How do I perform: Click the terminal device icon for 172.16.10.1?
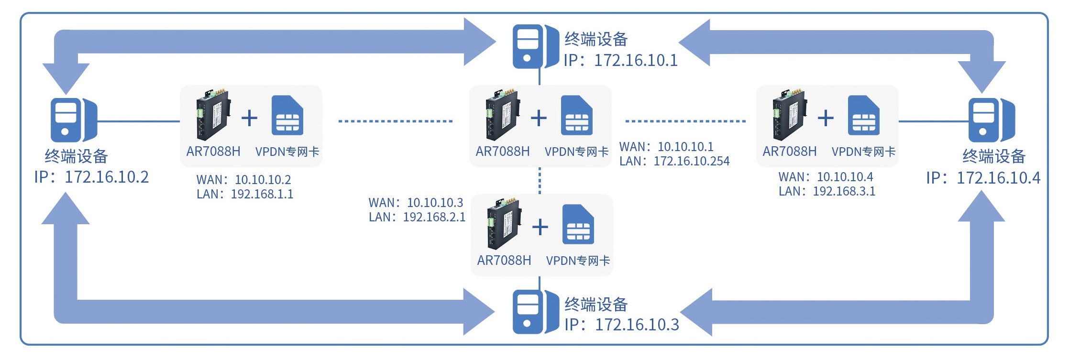pyautogui.click(x=535, y=47)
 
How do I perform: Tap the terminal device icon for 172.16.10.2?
pyautogui.click(x=74, y=120)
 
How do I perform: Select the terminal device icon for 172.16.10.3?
pyautogui.click(x=535, y=312)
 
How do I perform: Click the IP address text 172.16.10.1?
pyautogui.click(x=636, y=60)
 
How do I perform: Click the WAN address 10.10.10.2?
pyautogui.click(x=263, y=180)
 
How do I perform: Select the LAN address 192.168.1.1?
pyautogui.click(x=262, y=194)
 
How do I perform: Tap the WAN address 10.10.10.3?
pyautogui.click(x=435, y=203)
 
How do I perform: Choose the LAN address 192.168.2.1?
pyautogui.click(x=434, y=218)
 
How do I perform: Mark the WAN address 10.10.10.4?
pyautogui.click(x=845, y=177)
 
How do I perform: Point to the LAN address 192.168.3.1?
pyautogui.click(x=844, y=191)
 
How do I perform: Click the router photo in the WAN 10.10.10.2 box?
pyautogui.click(x=212, y=115)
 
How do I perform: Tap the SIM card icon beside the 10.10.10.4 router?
pyautogui.click(x=863, y=116)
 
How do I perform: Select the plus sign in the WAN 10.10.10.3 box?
pyautogui.click(x=540, y=227)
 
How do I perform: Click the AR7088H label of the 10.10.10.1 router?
pyautogui.click(x=502, y=152)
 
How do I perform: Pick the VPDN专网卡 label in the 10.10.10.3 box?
pyautogui.click(x=578, y=261)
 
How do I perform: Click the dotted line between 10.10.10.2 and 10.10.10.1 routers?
pyautogui.click(x=395, y=121)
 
